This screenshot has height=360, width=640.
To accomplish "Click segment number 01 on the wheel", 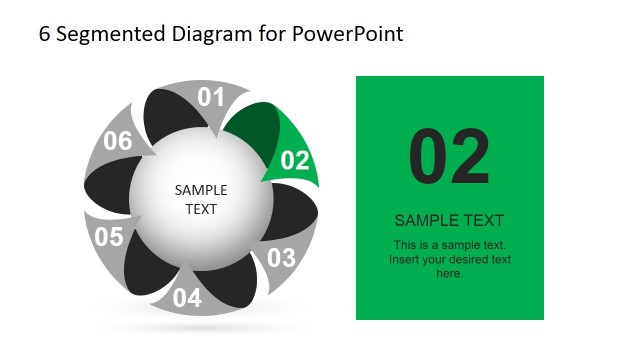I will coord(210,97).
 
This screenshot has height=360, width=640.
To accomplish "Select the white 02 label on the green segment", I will coord(295,160).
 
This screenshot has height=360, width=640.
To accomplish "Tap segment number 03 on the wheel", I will coord(281,257).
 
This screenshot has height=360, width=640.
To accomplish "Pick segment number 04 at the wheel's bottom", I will coord(187,297).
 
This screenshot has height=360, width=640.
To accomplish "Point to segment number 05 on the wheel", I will coord(109,237).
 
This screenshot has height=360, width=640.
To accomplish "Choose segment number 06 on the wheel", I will coord(118,141).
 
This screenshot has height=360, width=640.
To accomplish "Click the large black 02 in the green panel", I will coord(449,157).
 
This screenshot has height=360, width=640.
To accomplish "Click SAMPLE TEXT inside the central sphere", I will coord(201,199).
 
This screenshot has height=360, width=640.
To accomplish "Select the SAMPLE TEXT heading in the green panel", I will coord(449,220).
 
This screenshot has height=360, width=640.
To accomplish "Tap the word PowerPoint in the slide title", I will coord(348,34).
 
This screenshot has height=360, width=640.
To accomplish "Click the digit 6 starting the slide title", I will coord(44,34).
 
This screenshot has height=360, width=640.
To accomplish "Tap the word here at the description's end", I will coord(449,273).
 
